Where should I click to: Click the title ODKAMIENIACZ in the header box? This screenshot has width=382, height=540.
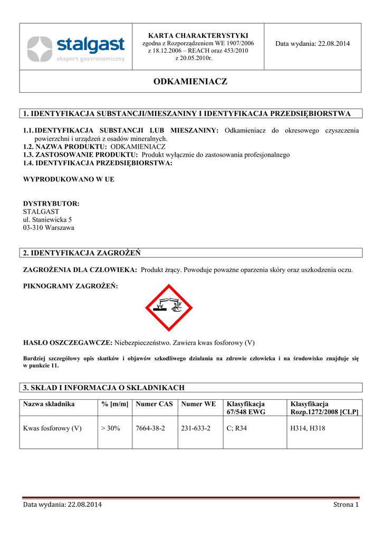pyautogui.click(x=190, y=82)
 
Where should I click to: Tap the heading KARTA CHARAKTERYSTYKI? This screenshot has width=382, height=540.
pyautogui.click(x=198, y=35)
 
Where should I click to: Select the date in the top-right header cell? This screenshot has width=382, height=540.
pyautogui.click(x=312, y=43)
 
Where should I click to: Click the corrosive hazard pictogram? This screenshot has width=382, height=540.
pyautogui.click(x=169, y=308)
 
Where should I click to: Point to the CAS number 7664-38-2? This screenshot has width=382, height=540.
pyautogui.click(x=150, y=428)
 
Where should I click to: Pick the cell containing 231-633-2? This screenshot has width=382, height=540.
pyautogui.click(x=196, y=428)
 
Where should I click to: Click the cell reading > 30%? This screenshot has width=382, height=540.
pyautogui.click(x=111, y=428)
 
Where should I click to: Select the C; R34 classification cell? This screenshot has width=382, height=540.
pyautogui.click(x=236, y=428)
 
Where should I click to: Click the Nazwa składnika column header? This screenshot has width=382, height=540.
pyautogui.click(x=49, y=404)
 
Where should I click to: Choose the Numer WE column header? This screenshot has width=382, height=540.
pyautogui.click(x=198, y=404)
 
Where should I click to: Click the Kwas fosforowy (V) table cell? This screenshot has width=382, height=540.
pyautogui.click(x=52, y=428)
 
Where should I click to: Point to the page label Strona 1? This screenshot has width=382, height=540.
pyautogui.click(x=346, y=505)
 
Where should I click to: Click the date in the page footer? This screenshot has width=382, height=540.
pyautogui.click(x=63, y=505)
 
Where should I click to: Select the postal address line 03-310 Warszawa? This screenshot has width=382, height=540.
pyautogui.click(x=49, y=228)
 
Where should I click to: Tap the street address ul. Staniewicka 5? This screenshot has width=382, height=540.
pyautogui.click(x=47, y=219)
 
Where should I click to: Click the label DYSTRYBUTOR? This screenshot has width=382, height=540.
pyautogui.click(x=51, y=203)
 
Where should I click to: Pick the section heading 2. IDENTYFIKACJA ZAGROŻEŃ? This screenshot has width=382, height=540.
pyautogui.click(x=82, y=253)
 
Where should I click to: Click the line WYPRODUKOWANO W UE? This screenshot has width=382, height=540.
pyautogui.click(x=69, y=179)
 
